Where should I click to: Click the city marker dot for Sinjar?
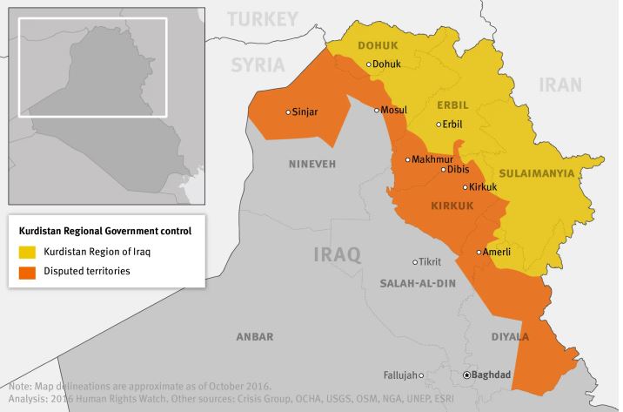click(x=289, y=111)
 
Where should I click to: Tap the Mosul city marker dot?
click(x=377, y=110)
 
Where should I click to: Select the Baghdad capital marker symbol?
click(x=467, y=375)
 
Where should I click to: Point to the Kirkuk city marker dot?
click(x=466, y=187)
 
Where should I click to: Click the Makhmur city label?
click(x=432, y=159)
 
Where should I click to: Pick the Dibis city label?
click(x=458, y=169)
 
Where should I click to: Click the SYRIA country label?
click(x=258, y=64)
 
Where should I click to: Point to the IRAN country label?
click(x=559, y=84)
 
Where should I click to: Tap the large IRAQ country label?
click(x=337, y=254)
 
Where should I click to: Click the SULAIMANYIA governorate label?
click(x=536, y=173)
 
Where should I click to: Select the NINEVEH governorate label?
click(x=312, y=164)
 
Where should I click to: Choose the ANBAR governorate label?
click(x=255, y=336)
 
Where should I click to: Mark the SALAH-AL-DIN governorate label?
click(x=418, y=284)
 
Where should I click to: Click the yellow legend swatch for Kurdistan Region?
click(x=28, y=252)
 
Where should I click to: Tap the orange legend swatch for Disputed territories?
click(x=28, y=271)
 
